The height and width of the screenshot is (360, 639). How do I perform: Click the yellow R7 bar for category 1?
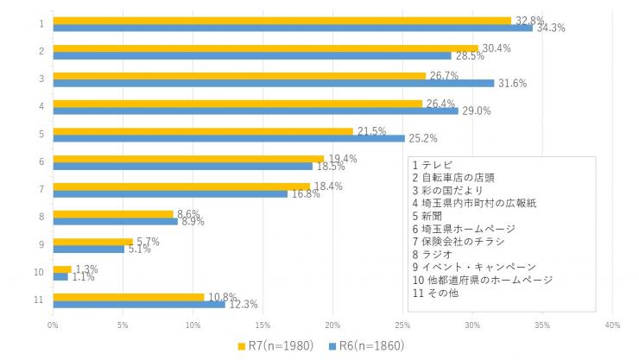tap(282, 20)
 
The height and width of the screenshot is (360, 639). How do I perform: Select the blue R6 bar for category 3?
tap(274, 83)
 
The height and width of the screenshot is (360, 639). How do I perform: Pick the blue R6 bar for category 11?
tap(139, 304)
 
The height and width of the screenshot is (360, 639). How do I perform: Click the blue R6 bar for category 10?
tap(60, 276)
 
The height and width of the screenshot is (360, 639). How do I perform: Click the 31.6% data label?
tap(513, 84)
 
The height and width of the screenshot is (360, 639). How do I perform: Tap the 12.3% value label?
tap(244, 304)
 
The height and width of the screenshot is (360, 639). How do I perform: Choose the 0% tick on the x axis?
tap(53, 325)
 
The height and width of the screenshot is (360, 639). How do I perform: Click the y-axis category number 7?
tap(41, 189)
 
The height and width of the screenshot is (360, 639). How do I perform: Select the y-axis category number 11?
tap(40, 300)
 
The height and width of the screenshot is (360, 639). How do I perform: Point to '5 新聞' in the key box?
tap(428, 216)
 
